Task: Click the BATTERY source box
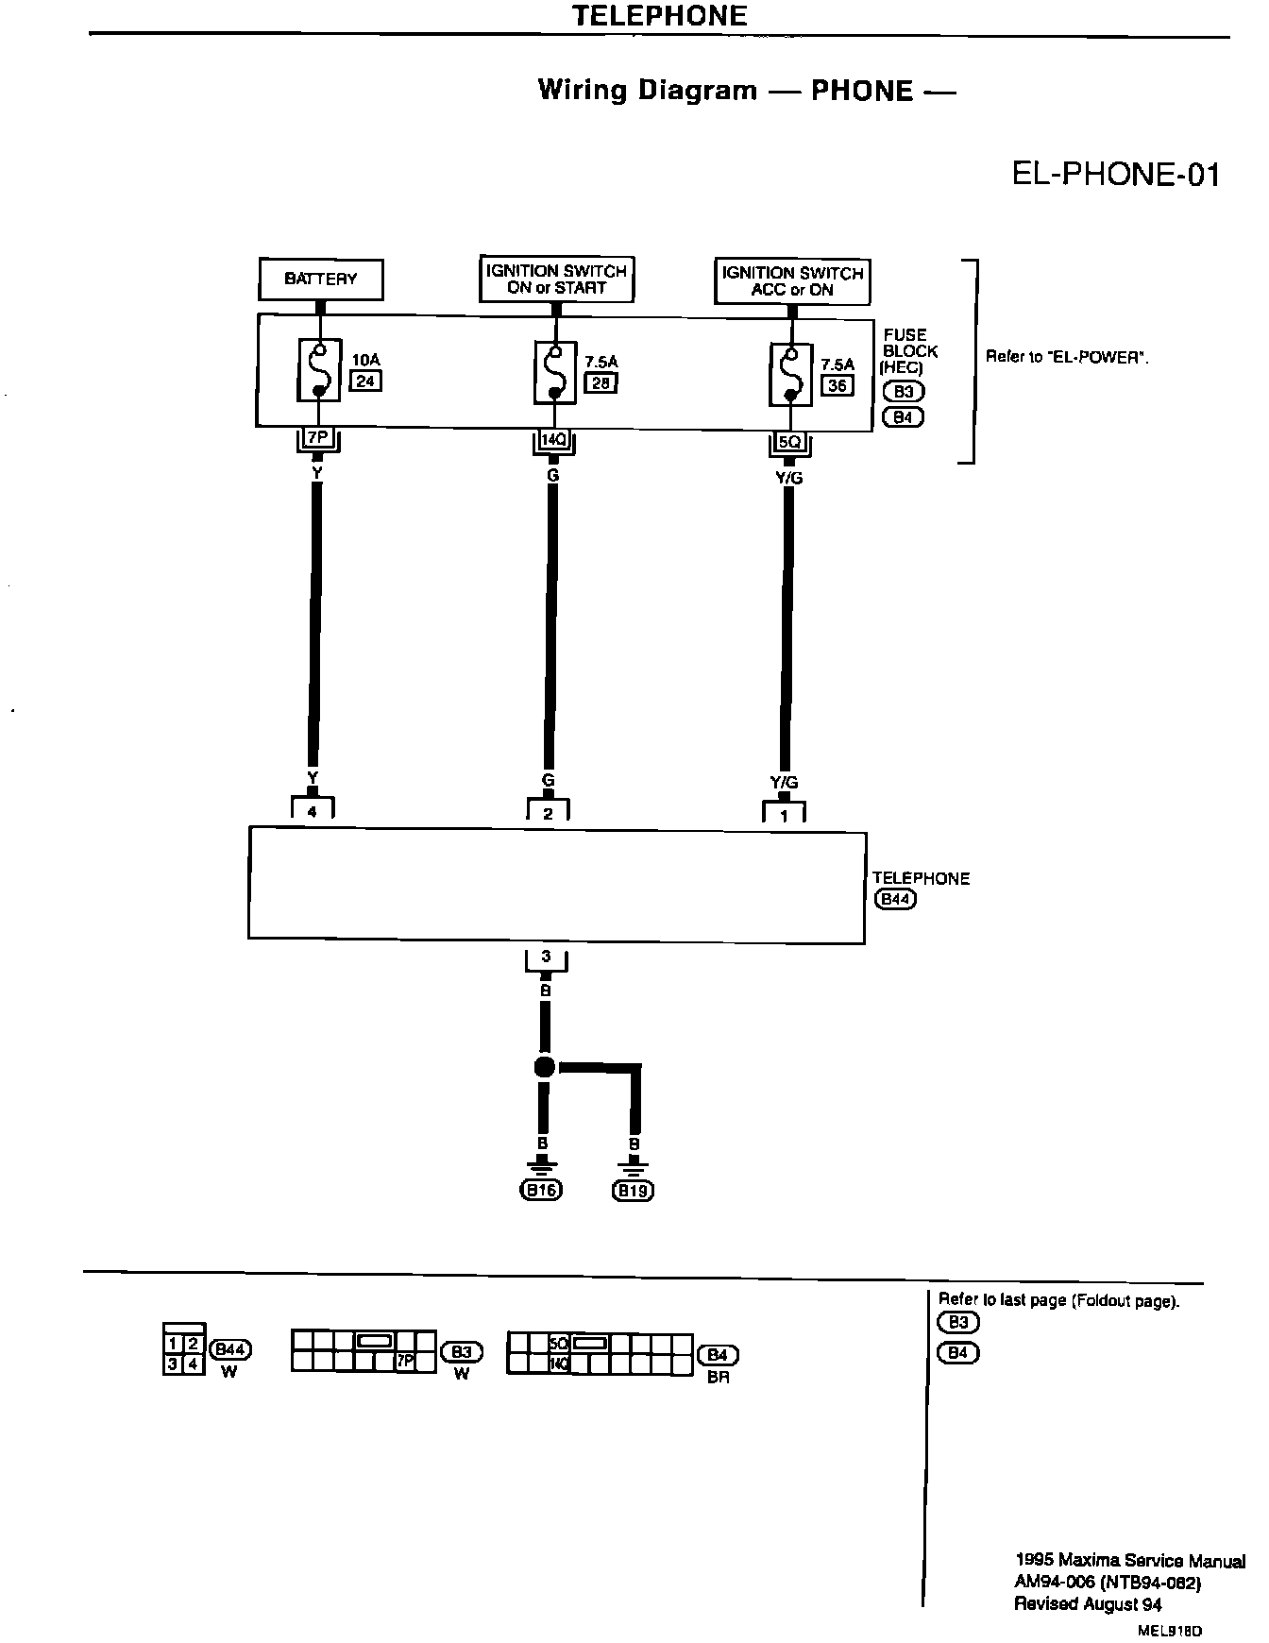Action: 321,279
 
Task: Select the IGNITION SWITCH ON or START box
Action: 556,279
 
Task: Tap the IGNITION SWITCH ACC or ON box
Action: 792,281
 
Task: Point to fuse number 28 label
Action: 600,382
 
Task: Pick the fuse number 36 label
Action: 837,385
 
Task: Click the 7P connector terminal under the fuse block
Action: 317,438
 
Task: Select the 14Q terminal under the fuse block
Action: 552,439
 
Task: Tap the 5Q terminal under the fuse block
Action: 789,441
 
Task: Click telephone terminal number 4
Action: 313,810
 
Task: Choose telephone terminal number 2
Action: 549,812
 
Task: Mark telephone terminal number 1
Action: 784,815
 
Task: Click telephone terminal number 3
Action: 546,957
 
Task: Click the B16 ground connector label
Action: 541,1191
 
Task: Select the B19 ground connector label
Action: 633,1191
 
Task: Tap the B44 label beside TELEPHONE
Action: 895,899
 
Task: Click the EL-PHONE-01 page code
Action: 1115,176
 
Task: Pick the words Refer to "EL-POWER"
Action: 1067,358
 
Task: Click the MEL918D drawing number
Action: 1170,1630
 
